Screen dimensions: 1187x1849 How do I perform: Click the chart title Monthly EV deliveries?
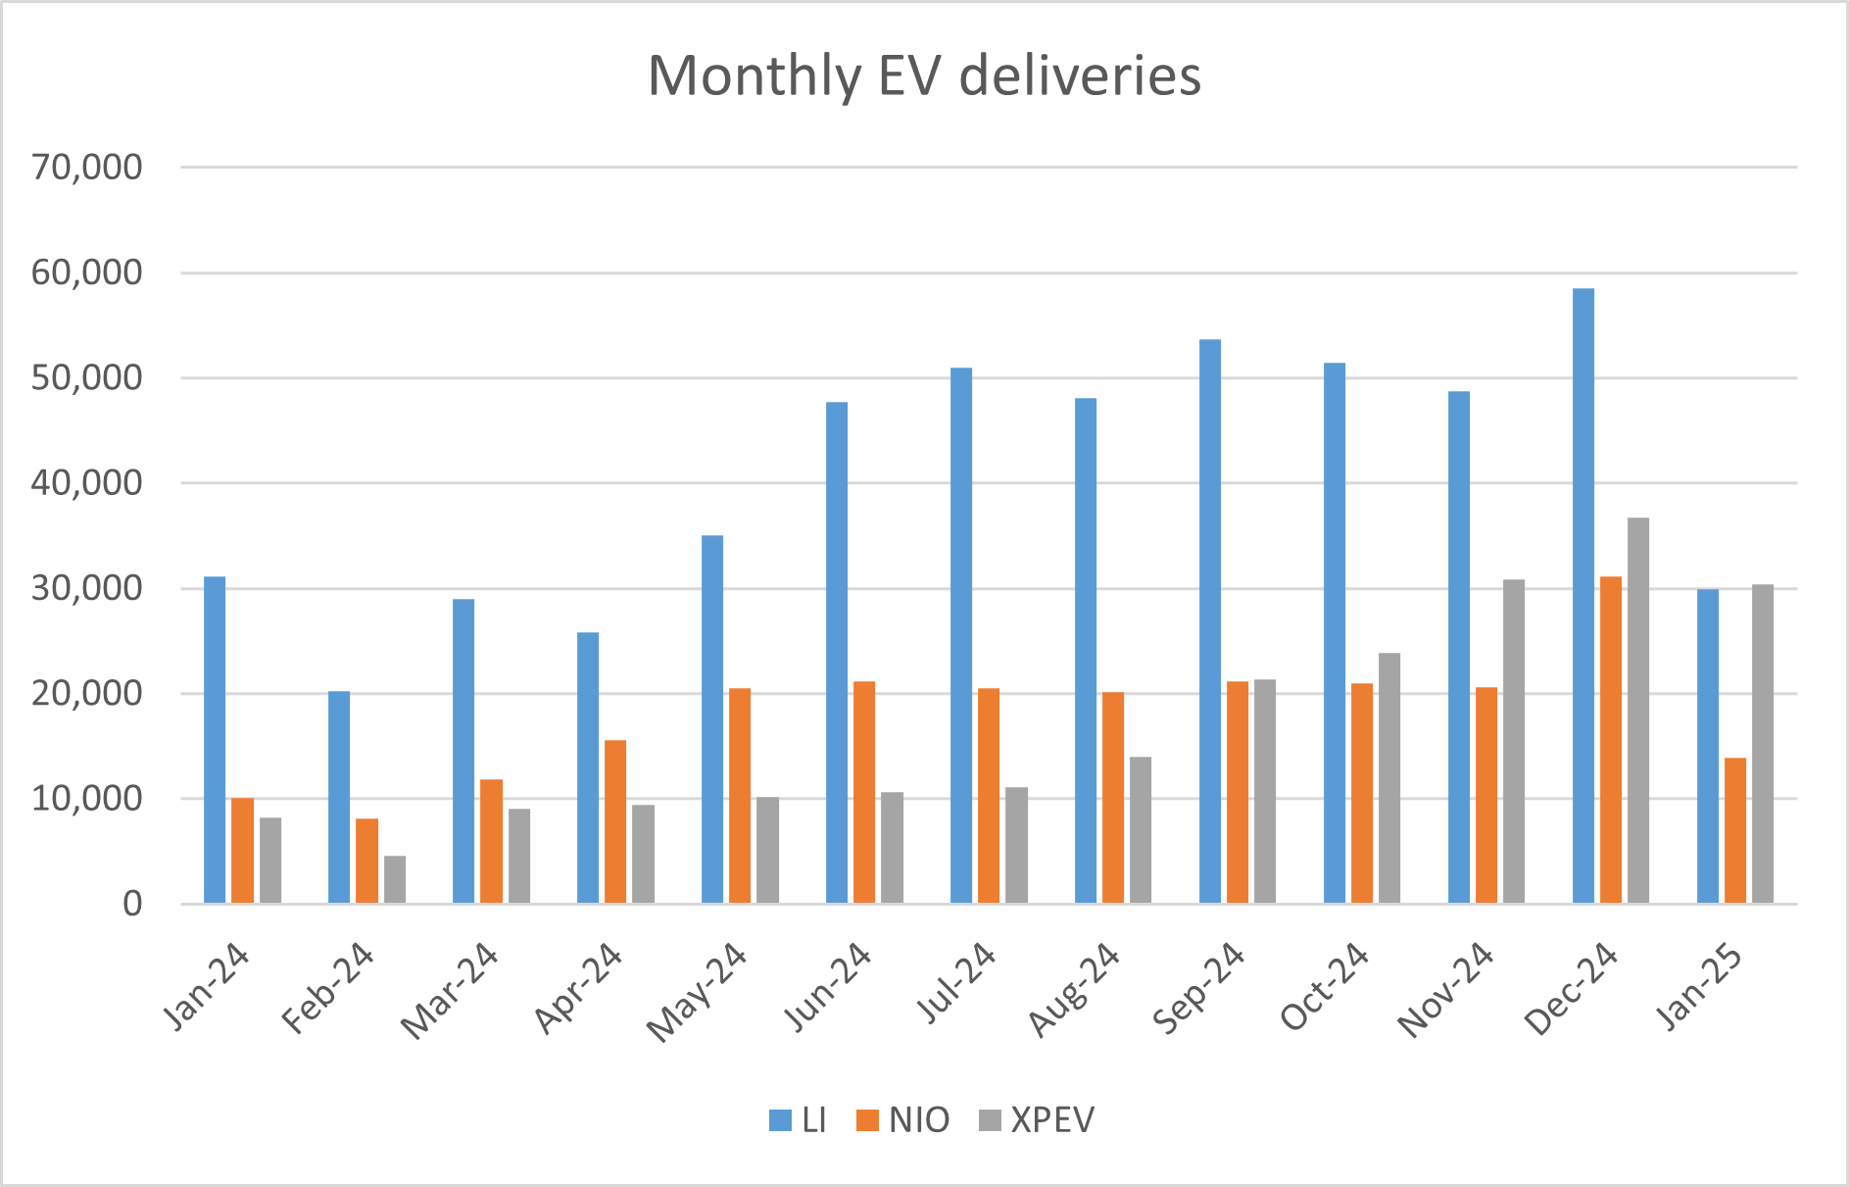click(924, 75)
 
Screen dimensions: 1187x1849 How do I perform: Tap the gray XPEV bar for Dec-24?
click(1637, 711)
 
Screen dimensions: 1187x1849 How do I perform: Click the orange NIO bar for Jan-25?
click(1734, 830)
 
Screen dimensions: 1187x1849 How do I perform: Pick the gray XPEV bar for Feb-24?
click(394, 879)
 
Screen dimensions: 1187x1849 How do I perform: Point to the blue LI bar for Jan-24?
click(215, 740)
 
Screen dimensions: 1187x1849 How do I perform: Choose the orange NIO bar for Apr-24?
click(615, 821)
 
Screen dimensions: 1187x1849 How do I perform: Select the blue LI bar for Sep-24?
click(1210, 621)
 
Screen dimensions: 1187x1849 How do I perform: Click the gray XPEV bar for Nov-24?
click(1513, 741)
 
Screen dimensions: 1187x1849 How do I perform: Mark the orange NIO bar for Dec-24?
click(1610, 740)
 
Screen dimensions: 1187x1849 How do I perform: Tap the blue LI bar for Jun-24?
click(837, 653)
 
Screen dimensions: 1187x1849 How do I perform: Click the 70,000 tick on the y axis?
click(86, 168)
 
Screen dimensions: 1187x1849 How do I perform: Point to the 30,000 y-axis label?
click(86, 588)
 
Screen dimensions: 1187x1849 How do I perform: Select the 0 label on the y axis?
click(131, 904)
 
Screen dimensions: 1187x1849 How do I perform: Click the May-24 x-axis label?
click(697, 992)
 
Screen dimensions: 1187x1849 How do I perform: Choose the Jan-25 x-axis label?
click(1699, 986)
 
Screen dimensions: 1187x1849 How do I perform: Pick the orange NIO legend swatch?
click(867, 1120)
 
